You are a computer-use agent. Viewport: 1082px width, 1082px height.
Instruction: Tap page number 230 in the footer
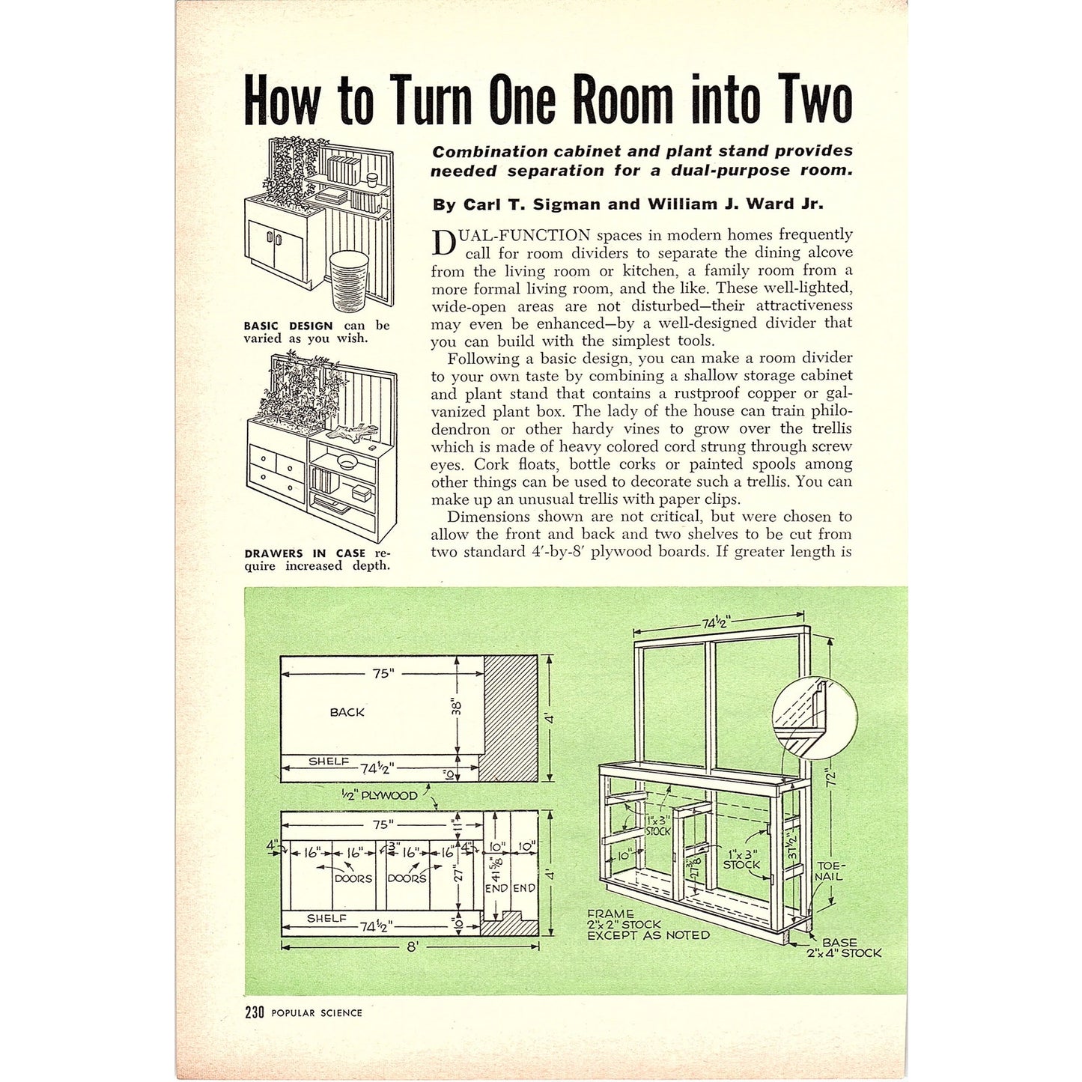pos(255,1012)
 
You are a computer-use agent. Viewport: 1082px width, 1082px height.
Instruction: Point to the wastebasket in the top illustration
pos(350,279)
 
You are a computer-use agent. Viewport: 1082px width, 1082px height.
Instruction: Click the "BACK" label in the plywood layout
pos(347,712)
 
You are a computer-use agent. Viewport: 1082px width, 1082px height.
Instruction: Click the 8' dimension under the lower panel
pos(411,946)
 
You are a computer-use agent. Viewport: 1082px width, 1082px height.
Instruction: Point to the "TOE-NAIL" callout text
pos(830,871)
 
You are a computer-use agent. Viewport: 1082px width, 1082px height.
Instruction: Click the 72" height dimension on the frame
pos(830,779)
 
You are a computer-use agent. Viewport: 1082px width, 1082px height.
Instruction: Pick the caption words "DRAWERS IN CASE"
pos(304,553)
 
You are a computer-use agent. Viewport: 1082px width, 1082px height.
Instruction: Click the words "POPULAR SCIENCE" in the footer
pos(317,1013)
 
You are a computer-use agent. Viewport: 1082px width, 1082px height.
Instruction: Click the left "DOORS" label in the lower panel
pos(353,878)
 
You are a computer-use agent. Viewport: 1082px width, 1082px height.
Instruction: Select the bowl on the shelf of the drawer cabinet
pos(347,460)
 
